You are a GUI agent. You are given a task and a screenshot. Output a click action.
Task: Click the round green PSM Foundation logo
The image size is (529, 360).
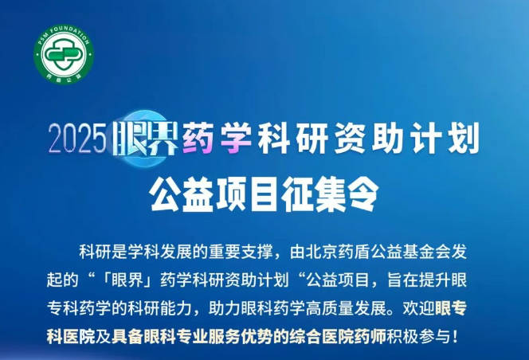coord(64,54)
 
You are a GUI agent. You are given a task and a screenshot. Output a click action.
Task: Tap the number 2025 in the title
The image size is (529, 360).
coord(77,139)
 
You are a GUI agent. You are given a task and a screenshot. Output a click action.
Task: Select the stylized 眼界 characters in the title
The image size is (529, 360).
coord(146,139)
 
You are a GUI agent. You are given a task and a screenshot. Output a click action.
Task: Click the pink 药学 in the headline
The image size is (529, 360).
coord(217,139)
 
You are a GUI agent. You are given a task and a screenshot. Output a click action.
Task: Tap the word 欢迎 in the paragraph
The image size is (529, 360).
coord(418,308)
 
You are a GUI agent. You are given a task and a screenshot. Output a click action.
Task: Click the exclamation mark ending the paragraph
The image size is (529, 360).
coord(457,336)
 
